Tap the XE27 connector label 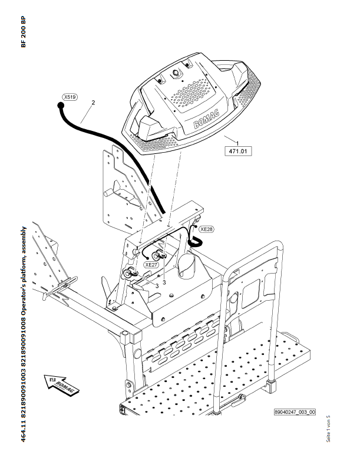[152, 265]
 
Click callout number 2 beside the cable [93, 103]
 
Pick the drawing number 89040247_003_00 [295, 412]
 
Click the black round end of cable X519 [60, 106]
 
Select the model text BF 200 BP [24, 33]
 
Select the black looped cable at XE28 [194, 239]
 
